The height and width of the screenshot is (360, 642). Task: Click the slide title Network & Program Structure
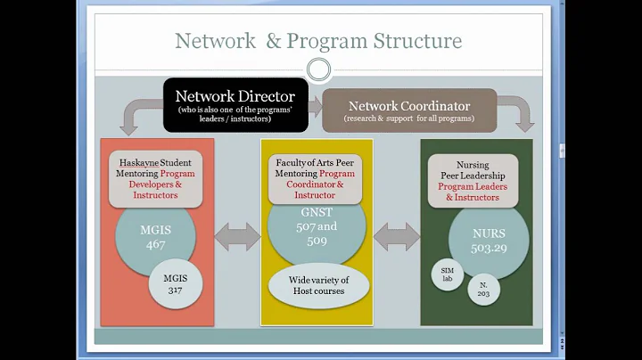[318, 41]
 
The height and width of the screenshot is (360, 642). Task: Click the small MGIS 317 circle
[175, 282]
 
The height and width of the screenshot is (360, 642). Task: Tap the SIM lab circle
[448, 273]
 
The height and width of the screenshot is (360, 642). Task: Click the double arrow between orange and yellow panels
[237, 236]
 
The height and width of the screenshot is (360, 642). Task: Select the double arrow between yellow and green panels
[397, 236]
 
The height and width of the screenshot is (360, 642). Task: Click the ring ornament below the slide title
[318, 70]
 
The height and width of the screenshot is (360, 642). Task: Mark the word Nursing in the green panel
[473, 165]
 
